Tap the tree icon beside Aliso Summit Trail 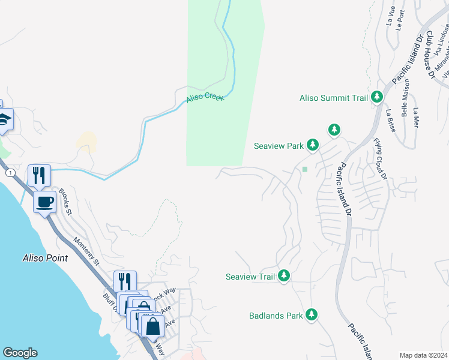point(377,97)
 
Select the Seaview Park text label point(279,145)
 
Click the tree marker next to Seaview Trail point(284,276)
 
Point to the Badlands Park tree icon point(311,314)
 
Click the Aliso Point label point(44,258)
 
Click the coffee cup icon point(44,202)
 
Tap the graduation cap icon point(4,119)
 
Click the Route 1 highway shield point(9,173)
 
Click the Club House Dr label point(429,56)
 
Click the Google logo point(20,353)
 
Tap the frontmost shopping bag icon point(153,326)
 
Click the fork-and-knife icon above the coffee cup point(39,175)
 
